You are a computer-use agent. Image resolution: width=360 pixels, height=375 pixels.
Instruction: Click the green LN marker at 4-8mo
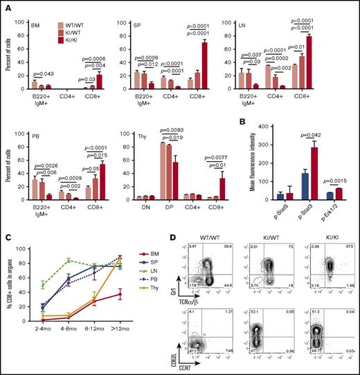click(x=70, y=260)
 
